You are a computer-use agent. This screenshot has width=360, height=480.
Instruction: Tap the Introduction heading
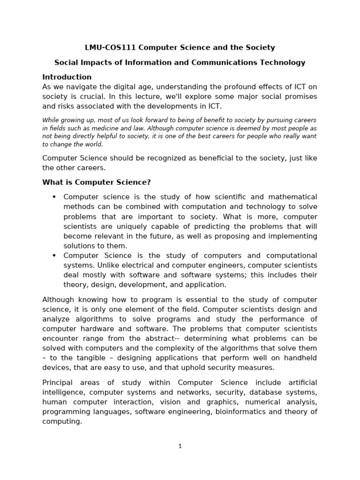coord(67,77)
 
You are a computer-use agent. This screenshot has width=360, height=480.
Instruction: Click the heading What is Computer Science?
coord(97,182)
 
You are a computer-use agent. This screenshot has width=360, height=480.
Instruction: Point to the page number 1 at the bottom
coord(180,446)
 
